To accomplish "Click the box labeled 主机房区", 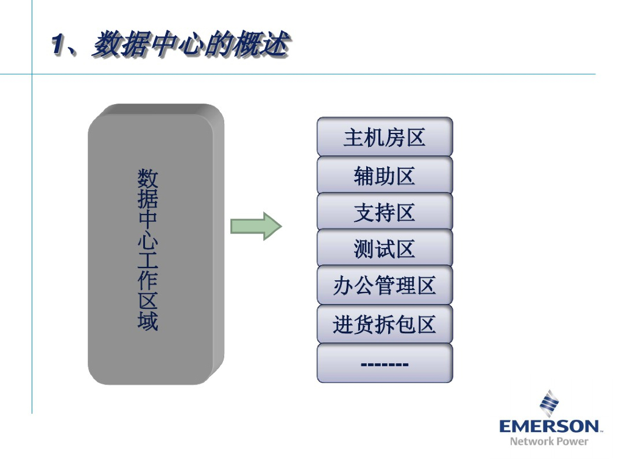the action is [x=385, y=138].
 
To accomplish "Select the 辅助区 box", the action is [x=385, y=175].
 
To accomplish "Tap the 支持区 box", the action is [x=385, y=212].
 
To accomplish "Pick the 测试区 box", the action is [x=385, y=249].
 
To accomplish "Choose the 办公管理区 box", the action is [x=385, y=285].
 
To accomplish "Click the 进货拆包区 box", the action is [x=385, y=324].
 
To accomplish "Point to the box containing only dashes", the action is [x=385, y=364].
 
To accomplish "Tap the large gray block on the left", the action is [x=155, y=244].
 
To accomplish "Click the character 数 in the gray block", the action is [x=147, y=179].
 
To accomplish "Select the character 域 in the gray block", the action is [x=147, y=321].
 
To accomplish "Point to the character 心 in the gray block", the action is [x=147, y=239].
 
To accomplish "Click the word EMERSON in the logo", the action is [x=550, y=425].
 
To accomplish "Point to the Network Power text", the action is [x=549, y=441].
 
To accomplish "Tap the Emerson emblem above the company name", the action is [x=549, y=403].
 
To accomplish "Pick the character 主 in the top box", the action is [x=353, y=138].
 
